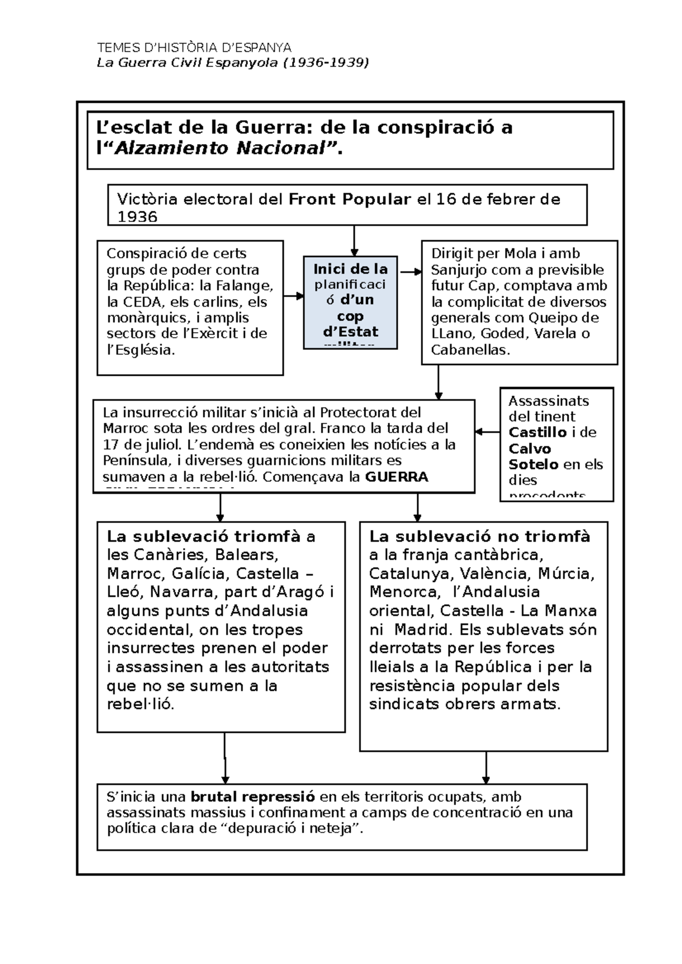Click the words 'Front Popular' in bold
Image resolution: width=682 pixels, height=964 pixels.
[350, 199]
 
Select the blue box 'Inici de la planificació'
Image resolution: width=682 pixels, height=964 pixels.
[350, 301]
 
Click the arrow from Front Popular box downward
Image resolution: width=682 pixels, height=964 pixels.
[354, 241]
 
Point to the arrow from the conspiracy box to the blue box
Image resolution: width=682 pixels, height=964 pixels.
[293, 296]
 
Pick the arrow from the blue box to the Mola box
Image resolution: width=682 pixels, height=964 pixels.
[410, 272]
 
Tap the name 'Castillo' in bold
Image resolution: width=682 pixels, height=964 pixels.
[537, 432]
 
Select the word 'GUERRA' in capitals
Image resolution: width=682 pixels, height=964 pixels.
[396, 476]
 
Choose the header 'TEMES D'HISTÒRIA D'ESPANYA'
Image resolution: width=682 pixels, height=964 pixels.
[194, 47]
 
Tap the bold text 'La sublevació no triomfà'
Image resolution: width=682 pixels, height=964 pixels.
[480, 537]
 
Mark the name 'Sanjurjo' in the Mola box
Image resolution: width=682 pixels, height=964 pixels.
[459, 270]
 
